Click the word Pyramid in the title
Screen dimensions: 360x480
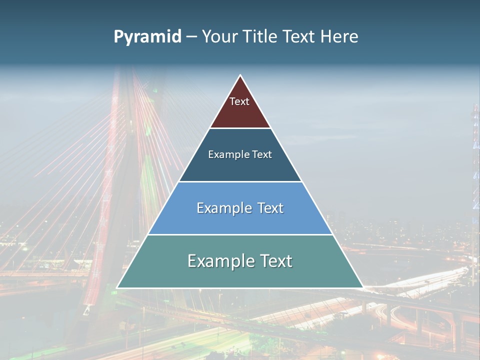point(147,37)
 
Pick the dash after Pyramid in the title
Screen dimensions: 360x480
point(191,37)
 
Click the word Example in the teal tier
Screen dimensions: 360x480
point(219,261)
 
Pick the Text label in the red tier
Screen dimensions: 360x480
point(239,101)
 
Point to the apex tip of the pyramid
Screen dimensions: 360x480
point(240,75)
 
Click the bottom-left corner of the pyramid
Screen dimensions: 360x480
point(117,287)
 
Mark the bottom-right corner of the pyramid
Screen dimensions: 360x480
point(362,287)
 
